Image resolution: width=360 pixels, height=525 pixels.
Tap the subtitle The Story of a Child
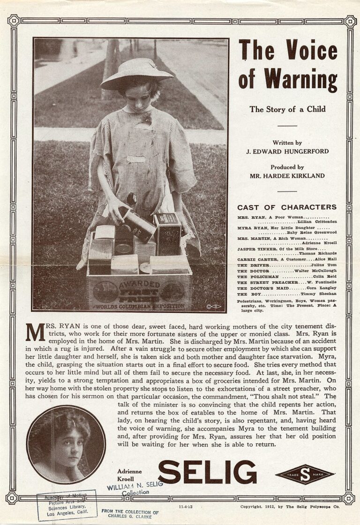pyautogui.click(x=287, y=110)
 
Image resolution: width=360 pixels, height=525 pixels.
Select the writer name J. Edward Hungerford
pyautogui.click(x=287, y=152)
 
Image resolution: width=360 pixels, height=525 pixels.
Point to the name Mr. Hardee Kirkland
pyautogui.click(x=287, y=176)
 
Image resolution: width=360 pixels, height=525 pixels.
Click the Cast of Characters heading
pyautogui.click(x=287, y=207)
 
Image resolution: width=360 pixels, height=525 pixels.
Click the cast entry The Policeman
pyautogui.click(x=254, y=277)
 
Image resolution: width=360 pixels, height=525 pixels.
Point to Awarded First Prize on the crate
pyautogui.click(x=138, y=290)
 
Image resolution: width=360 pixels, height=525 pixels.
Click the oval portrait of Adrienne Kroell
pyautogui.click(x=66, y=444)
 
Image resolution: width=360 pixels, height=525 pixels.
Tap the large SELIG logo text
pyautogui.click(x=207, y=472)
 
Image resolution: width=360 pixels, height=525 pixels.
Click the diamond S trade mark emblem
pyautogui.click(x=305, y=474)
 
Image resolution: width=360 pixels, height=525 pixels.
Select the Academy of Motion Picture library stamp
pyautogui.click(x=67, y=505)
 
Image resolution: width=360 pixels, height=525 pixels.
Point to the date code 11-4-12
pyautogui.click(x=186, y=507)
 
